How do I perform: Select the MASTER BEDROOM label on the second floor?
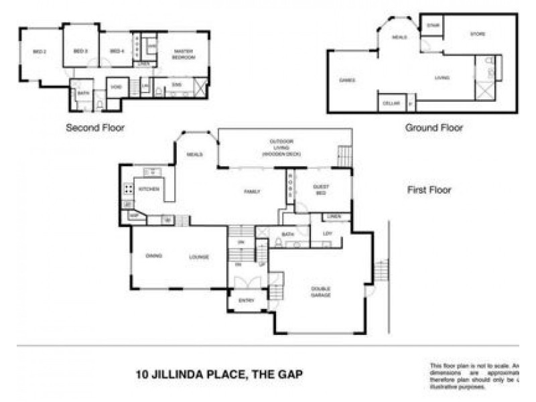[183, 54]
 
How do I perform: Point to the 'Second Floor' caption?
[95, 127]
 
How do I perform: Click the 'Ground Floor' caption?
[433, 127]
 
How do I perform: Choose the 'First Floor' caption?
[429, 190]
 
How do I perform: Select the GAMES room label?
[347, 80]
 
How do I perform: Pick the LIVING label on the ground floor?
[442, 78]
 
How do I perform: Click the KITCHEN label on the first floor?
[149, 190]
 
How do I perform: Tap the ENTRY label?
[245, 301]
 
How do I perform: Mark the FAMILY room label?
[251, 191]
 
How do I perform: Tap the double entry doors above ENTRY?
[245, 280]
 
